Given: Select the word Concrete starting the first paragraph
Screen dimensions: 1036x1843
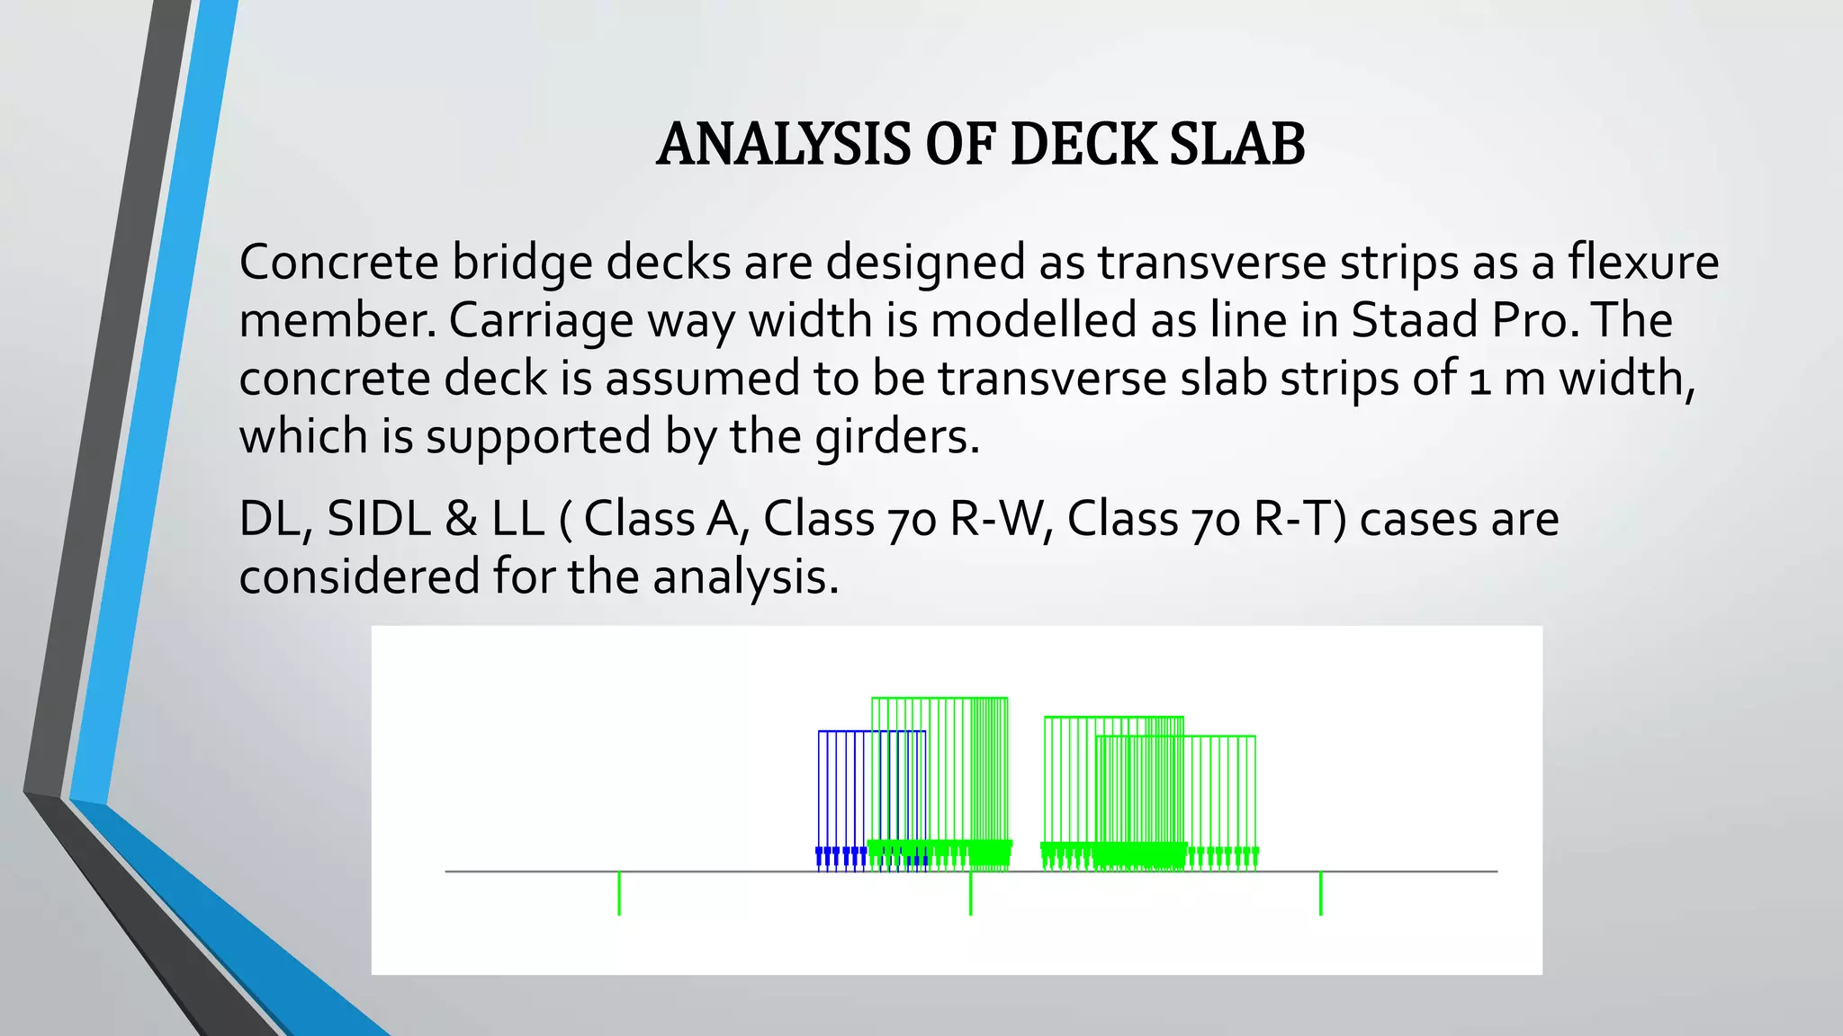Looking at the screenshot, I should coord(338,263).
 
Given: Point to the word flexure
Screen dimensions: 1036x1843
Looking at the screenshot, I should coord(1643,263).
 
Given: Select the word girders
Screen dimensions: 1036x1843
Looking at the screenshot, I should coord(896,437).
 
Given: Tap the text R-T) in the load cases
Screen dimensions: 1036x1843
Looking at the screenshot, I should coord(1299,520).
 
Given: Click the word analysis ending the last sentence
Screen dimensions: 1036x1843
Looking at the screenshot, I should coord(744,576).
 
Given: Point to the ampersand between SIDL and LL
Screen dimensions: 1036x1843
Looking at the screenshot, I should coord(460,520).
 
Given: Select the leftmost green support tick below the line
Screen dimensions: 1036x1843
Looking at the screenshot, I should coord(619,893).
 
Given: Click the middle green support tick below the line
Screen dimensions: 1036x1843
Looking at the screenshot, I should coord(970,893).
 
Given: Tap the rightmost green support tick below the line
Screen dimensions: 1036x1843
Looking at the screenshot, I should coord(1320,893).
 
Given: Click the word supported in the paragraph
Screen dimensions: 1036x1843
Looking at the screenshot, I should coord(538,437).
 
